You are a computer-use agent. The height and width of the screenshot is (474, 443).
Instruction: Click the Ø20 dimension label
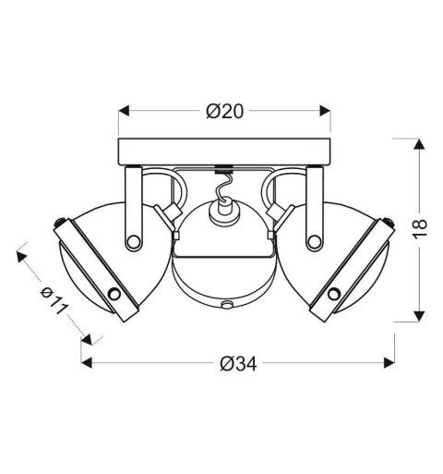click(x=224, y=112)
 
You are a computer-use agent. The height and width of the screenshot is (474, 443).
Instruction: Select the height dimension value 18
click(x=420, y=229)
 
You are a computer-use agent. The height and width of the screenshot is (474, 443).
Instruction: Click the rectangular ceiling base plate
click(x=224, y=149)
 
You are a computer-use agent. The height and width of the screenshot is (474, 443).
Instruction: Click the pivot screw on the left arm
click(x=136, y=242)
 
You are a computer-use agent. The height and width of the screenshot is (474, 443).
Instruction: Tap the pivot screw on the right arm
click(x=314, y=242)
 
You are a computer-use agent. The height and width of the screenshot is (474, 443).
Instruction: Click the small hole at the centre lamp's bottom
click(x=224, y=304)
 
